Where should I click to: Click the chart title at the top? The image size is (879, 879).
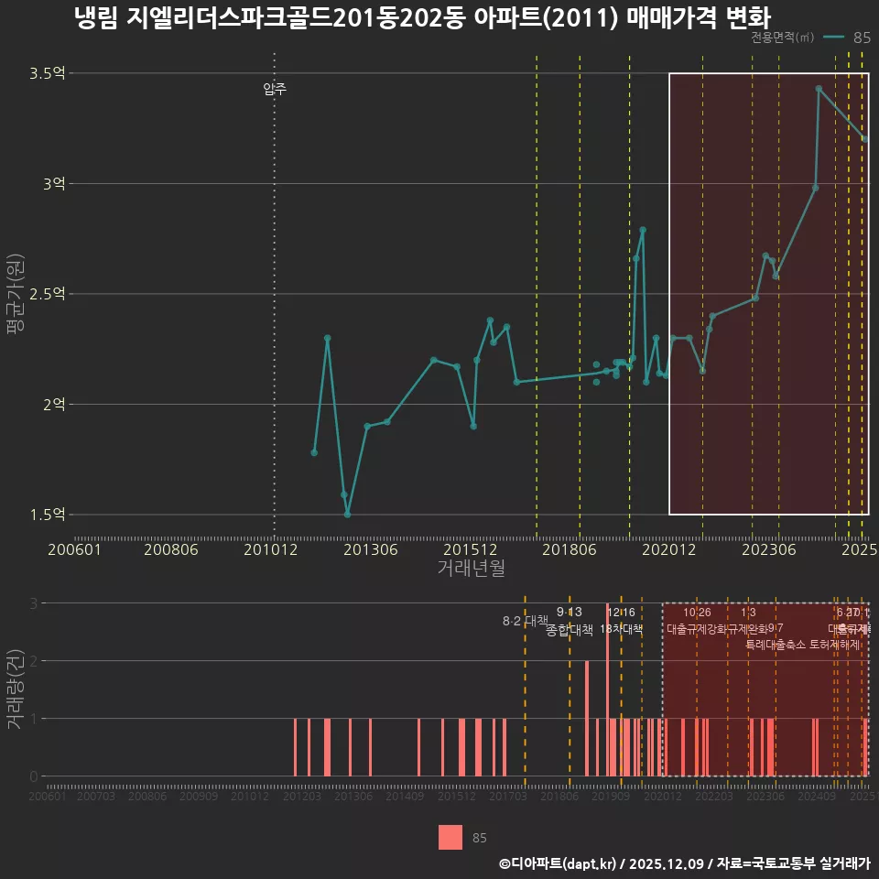[422, 18]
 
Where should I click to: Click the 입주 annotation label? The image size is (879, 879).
[275, 89]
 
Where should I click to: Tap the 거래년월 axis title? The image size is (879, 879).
[471, 569]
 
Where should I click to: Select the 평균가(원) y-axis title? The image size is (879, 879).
[16, 294]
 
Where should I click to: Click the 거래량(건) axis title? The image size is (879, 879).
[16, 689]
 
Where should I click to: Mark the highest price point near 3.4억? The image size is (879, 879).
[819, 89]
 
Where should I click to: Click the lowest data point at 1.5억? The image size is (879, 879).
[347, 515]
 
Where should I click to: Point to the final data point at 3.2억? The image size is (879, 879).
[864, 139]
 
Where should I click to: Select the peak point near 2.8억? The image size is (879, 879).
[643, 230]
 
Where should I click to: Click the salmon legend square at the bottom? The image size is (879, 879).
[450, 838]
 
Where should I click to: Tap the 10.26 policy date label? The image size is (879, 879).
[697, 613]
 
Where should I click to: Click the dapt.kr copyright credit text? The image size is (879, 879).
[684, 863]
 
